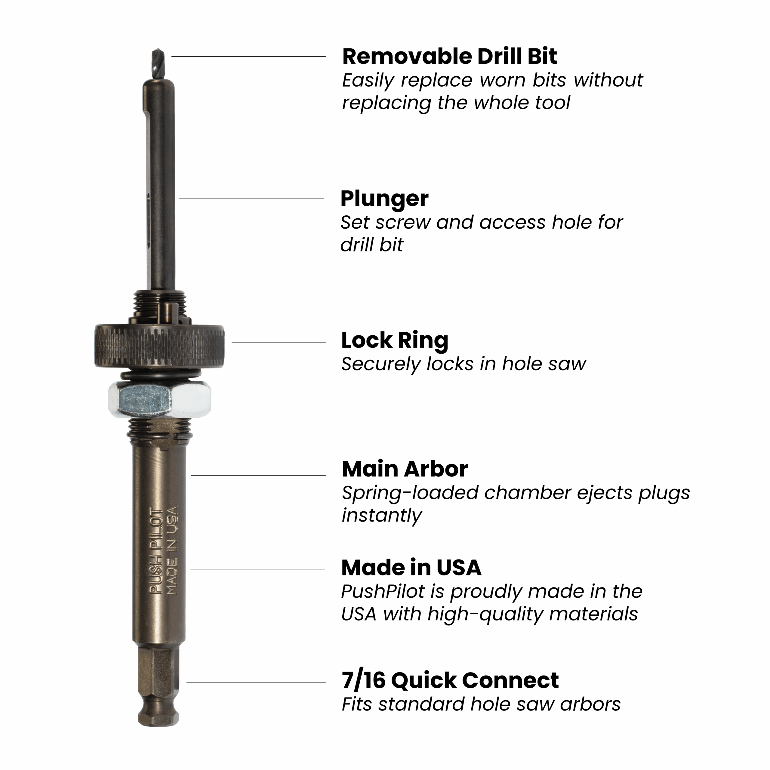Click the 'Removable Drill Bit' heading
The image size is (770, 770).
pyautogui.click(x=449, y=56)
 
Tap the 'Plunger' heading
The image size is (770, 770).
pyautogui.click(x=384, y=199)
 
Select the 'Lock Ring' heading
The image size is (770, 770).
pyautogui.click(x=395, y=341)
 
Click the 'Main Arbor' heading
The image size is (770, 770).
pyautogui.click(x=405, y=469)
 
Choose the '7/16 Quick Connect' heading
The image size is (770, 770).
pyautogui.click(x=450, y=680)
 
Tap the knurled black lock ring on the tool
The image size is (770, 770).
pyautogui.click(x=159, y=346)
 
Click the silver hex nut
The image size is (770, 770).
pyautogui.click(x=159, y=399)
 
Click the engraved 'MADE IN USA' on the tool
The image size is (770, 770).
pyautogui.click(x=172, y=550)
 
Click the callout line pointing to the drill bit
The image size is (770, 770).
pyautogui.click(x=248, y=57)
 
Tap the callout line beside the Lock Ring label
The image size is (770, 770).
pyautogui.click(x=279, y=342)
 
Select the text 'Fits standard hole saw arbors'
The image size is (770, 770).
pyautogui.click(x=481, y=704)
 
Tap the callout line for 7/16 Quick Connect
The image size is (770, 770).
pyautogui.click(x=256, y=682)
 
